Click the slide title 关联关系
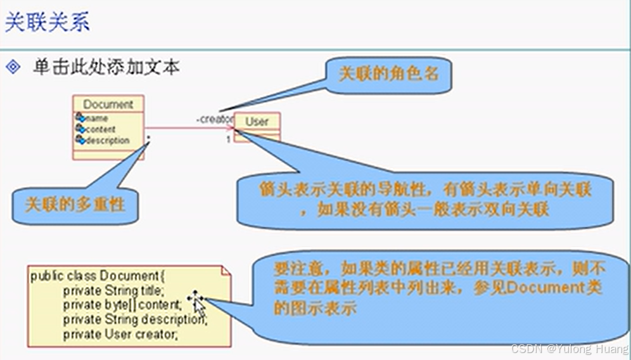[x=48, y=22]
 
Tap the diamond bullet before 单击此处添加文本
[x=13, y=67]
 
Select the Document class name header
[x=108, y=104]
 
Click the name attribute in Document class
[x=97, y=119]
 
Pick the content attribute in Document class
[x=100, y=129]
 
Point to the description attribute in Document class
[x=106, y=140]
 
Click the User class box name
[x=257, y=121]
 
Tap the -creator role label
[x=215, y=119]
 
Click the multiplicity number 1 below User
[x=229, y=139]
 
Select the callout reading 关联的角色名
[x=388, y=74]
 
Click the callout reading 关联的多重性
[x=75, y=204]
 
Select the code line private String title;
[x=113, y=291]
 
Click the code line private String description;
[x=134, y=319]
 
